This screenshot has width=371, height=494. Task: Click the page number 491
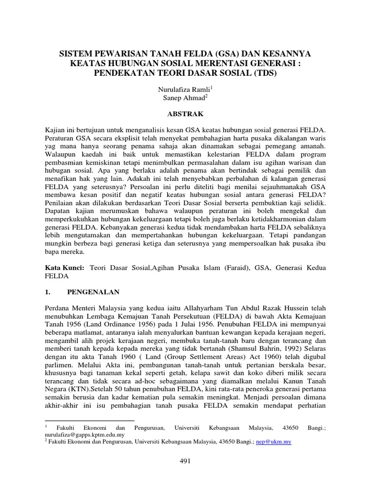pos(185,461)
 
